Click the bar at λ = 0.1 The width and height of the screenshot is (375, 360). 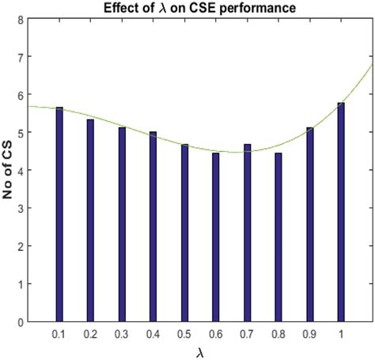[59, 214]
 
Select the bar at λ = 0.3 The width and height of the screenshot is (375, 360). [122, 225]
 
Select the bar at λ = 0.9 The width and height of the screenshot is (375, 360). [310, 225]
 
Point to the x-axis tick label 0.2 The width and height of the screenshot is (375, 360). [90, 335]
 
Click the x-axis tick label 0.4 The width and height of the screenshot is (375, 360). [153, 335]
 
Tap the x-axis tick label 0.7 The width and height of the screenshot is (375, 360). [247, 335]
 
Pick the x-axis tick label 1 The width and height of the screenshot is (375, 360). [341, 335]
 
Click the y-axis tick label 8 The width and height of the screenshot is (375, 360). [20, 18]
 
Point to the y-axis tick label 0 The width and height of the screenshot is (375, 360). [20, 322]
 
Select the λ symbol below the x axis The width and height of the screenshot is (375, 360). [199, 351]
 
